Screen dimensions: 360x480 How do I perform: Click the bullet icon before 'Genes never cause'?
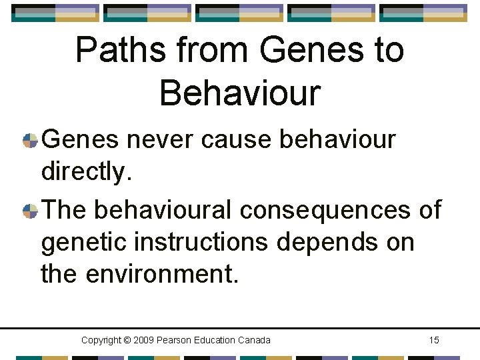[30, 141]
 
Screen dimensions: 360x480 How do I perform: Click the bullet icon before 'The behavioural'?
[30, 211]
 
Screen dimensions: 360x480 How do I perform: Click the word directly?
[84, 173]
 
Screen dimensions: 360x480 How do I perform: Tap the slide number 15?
[434, 341]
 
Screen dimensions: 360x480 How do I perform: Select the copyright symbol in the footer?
[127, 341]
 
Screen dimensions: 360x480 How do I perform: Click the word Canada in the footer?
[254, 341]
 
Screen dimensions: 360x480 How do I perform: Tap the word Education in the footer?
[217, 341]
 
